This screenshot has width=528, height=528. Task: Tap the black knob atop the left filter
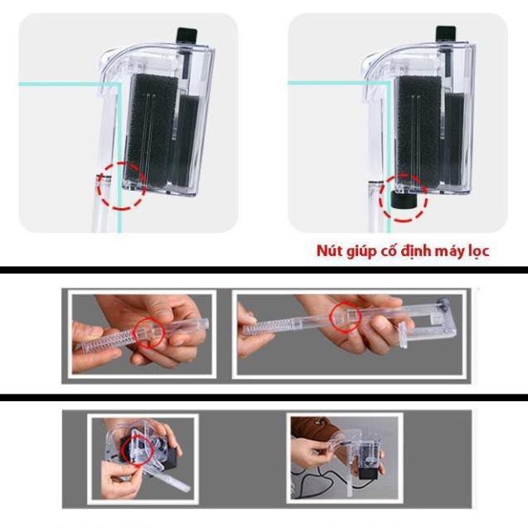pyautogui.click(x=185, y=35)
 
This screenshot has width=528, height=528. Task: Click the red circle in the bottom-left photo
pyautogui.click(x=136, y=453)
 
